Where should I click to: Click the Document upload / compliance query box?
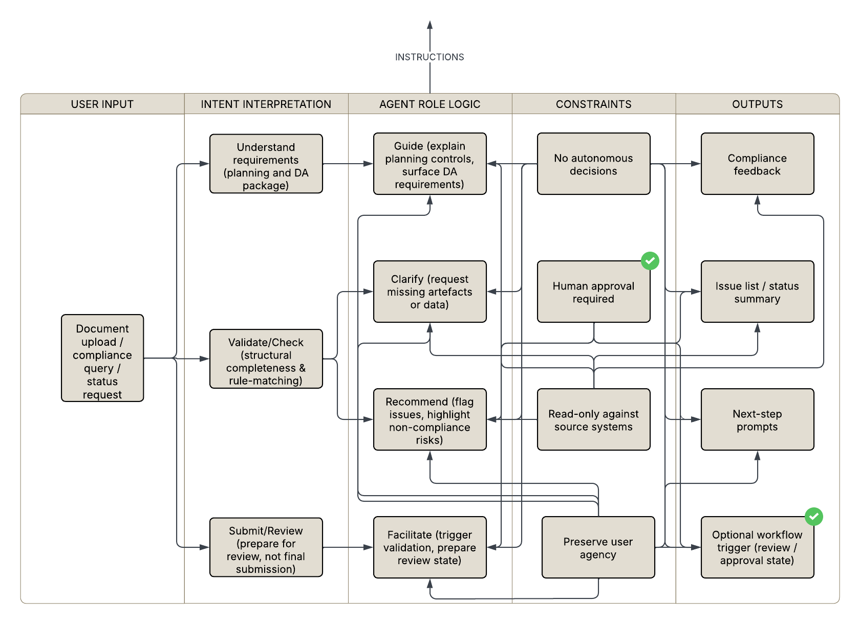(x=102, y=358)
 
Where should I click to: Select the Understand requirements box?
(x=266, y=164)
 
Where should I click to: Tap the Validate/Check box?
(x=266, y=359)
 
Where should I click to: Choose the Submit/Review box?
(x=266, y=547)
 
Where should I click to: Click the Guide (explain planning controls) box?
(x=429, y=164)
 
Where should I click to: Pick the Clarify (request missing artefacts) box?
(x=429, y=292)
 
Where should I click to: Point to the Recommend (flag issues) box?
(x=429, y=419)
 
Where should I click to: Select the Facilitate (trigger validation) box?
(x=429, y=547)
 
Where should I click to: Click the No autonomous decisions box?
(x=593, y=164)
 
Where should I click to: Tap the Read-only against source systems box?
(x=593, y=419)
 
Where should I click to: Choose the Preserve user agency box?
(x=598, y=547)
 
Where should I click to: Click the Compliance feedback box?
(x=757, y=164)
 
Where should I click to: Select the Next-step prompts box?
(x=757, y=419)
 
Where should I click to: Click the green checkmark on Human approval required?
(x=650, y=261)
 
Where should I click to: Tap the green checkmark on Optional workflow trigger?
(x=814, y=517)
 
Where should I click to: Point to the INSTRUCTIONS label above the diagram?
(x=429, y=57)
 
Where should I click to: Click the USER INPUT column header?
(x=102, y=104)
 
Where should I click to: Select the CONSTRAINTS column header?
(x=593, y=104)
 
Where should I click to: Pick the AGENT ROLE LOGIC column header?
(x=429, y=104)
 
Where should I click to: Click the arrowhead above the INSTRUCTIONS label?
(x=429, y=25)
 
